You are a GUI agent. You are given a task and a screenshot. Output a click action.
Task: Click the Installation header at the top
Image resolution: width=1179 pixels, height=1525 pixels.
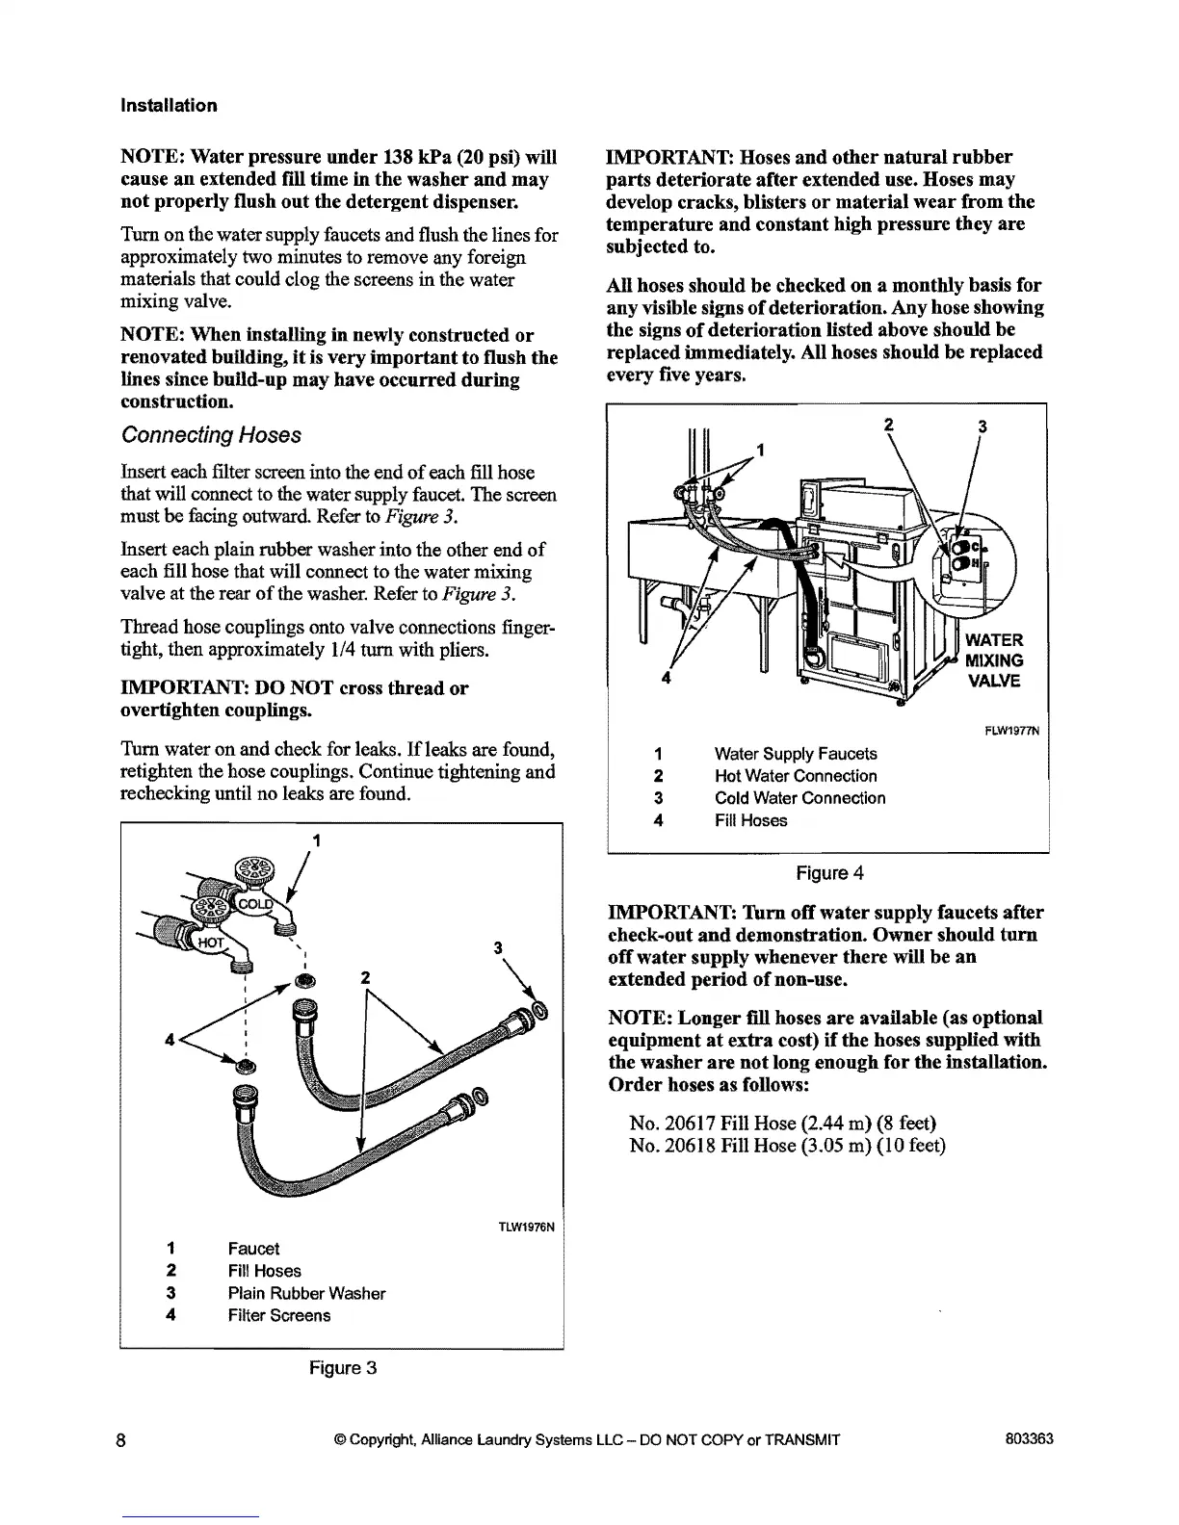coord(169,106)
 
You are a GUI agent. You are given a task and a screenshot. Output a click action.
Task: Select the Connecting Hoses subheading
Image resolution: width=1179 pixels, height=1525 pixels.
coord(211,435)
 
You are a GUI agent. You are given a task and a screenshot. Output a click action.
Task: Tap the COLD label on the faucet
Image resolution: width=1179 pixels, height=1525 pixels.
coord(255,905)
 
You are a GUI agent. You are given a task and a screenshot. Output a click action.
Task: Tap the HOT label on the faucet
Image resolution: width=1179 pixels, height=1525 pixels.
coord(210,943)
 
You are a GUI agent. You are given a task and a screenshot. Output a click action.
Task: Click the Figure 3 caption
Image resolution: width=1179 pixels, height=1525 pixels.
coord(342,1367)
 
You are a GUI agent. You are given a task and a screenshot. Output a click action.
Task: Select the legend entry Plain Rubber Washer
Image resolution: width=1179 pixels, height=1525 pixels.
coord(306,1293)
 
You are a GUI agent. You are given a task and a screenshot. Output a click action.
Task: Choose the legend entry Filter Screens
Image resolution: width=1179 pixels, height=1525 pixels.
coord(278,1315)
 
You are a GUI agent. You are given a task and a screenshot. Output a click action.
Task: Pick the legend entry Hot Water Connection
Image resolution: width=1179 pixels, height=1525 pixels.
coord(796,776)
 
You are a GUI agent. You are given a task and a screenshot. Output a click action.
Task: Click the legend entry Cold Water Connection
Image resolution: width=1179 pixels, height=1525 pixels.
coord(799,798)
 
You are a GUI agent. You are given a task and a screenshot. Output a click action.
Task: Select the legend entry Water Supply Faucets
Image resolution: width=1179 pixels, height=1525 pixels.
coord(796,754)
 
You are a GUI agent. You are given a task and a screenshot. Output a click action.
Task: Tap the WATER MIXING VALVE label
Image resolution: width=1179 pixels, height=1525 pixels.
coord(994,660)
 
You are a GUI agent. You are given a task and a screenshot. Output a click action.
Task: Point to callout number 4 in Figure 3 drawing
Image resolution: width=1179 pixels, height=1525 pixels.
coord(170,1040)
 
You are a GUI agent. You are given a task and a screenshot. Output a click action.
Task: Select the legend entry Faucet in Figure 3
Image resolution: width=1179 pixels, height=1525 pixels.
coord(253,1249)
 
